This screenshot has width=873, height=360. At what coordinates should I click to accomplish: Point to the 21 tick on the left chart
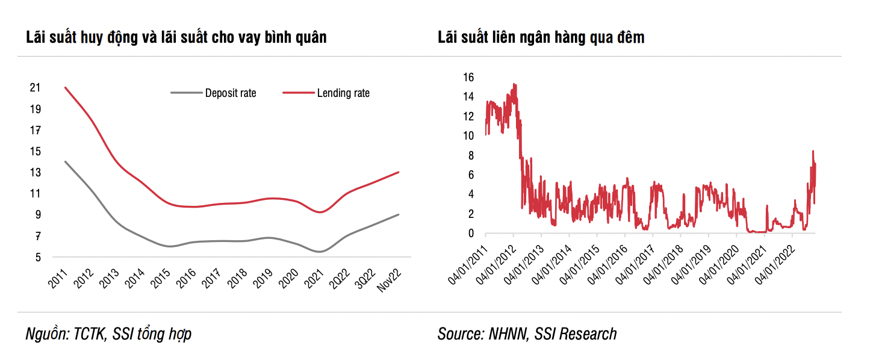tap(35, 88)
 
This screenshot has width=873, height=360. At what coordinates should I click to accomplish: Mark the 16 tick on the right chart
tap(468, 77)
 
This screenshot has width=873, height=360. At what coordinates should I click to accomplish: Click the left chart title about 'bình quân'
tap(176, 37)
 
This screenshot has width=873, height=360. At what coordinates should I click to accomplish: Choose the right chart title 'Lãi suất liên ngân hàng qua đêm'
tap(541, 37)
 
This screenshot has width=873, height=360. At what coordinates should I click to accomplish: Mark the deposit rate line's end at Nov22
tap(399, 215)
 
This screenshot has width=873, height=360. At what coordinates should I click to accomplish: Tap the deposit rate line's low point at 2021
tap(319, 252)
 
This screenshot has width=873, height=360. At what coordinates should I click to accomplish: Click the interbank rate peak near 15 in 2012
tap(514, 84)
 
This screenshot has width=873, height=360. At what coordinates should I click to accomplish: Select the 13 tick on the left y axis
tap(35, 173)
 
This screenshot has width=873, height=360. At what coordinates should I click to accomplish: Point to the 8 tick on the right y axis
tap(471, 155)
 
